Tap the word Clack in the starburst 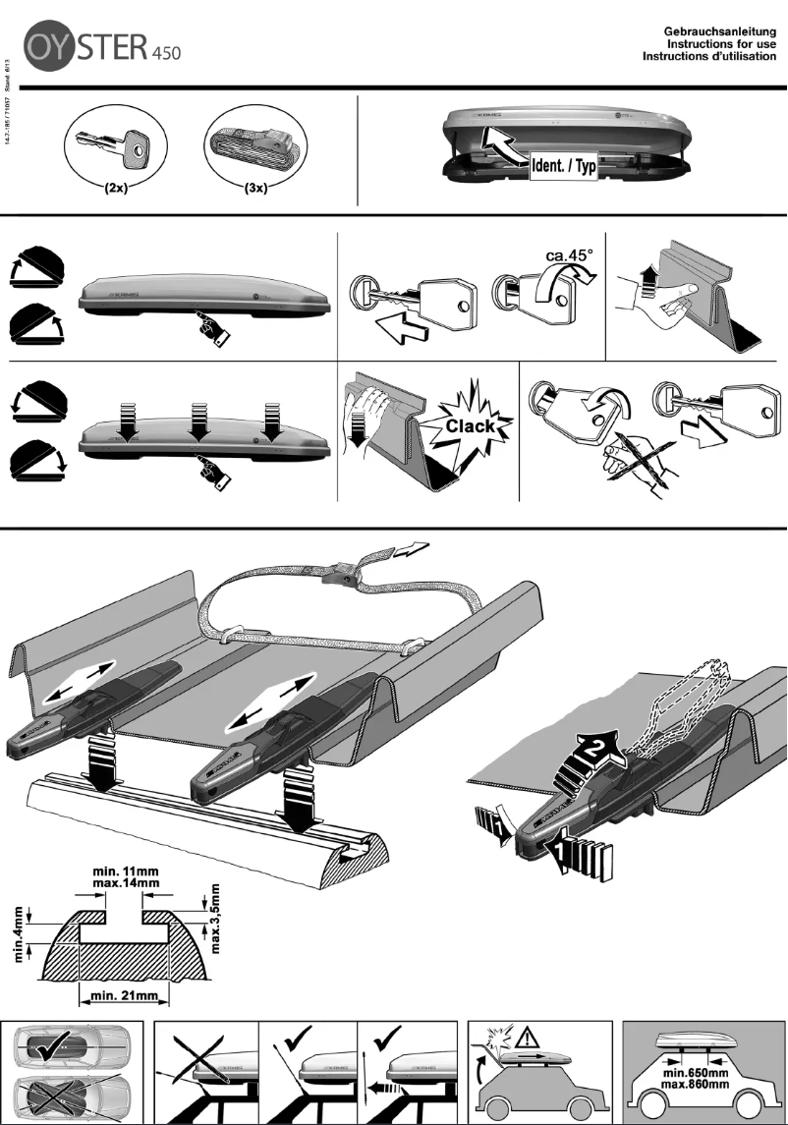click(x=471, y=426)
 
